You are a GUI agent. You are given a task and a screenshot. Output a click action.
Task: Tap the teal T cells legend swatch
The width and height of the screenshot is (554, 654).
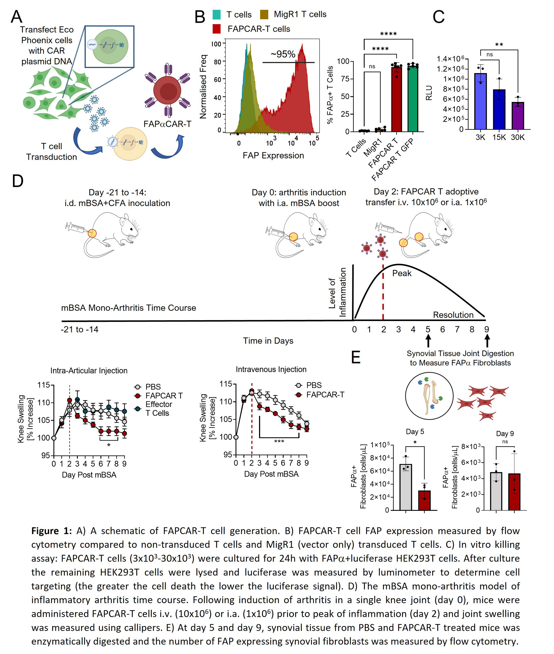(216, 15)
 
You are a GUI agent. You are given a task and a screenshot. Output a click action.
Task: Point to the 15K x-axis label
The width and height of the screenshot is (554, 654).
(499, 137)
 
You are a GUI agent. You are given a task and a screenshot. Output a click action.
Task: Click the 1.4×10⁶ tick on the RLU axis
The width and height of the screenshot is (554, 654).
(450, 59)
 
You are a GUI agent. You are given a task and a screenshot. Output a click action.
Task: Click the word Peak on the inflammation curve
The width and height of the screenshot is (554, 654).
(402, 273)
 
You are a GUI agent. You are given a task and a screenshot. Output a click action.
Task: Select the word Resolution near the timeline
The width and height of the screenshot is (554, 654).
(453, 315)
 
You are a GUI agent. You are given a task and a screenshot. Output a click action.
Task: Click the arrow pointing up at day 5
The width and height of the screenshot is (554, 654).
(428, 341)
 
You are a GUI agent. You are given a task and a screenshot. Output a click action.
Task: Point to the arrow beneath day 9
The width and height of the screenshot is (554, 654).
(487, 341)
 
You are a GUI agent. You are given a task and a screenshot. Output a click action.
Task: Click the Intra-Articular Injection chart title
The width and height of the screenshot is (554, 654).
(89, 371)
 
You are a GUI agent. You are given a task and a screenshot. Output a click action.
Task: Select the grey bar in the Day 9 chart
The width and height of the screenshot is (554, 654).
(496, 491)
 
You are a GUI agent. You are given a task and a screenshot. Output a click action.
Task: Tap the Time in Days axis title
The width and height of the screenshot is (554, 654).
(268, 341)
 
